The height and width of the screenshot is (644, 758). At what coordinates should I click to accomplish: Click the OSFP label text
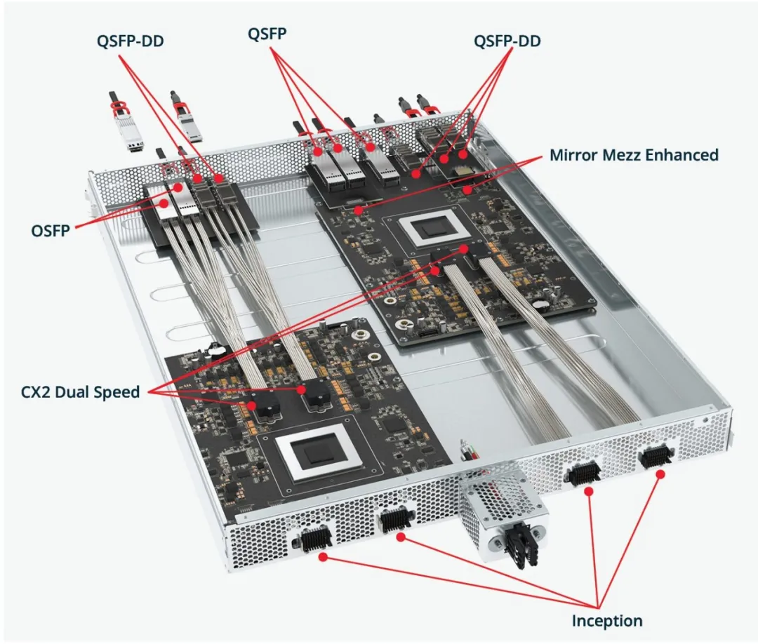pyautogui.click(x=51, y=229)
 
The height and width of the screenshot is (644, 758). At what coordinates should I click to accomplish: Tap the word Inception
pyautogui.click(x=607, y=620)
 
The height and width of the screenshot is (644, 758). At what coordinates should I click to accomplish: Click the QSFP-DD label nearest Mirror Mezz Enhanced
pyautogui.click(x=507, y=41)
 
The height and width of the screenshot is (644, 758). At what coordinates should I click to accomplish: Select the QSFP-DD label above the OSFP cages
pyautogui.click(x=131, y=41)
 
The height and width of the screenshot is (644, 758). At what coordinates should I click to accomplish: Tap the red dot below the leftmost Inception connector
pyautogui.click(x=323, y=557)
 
